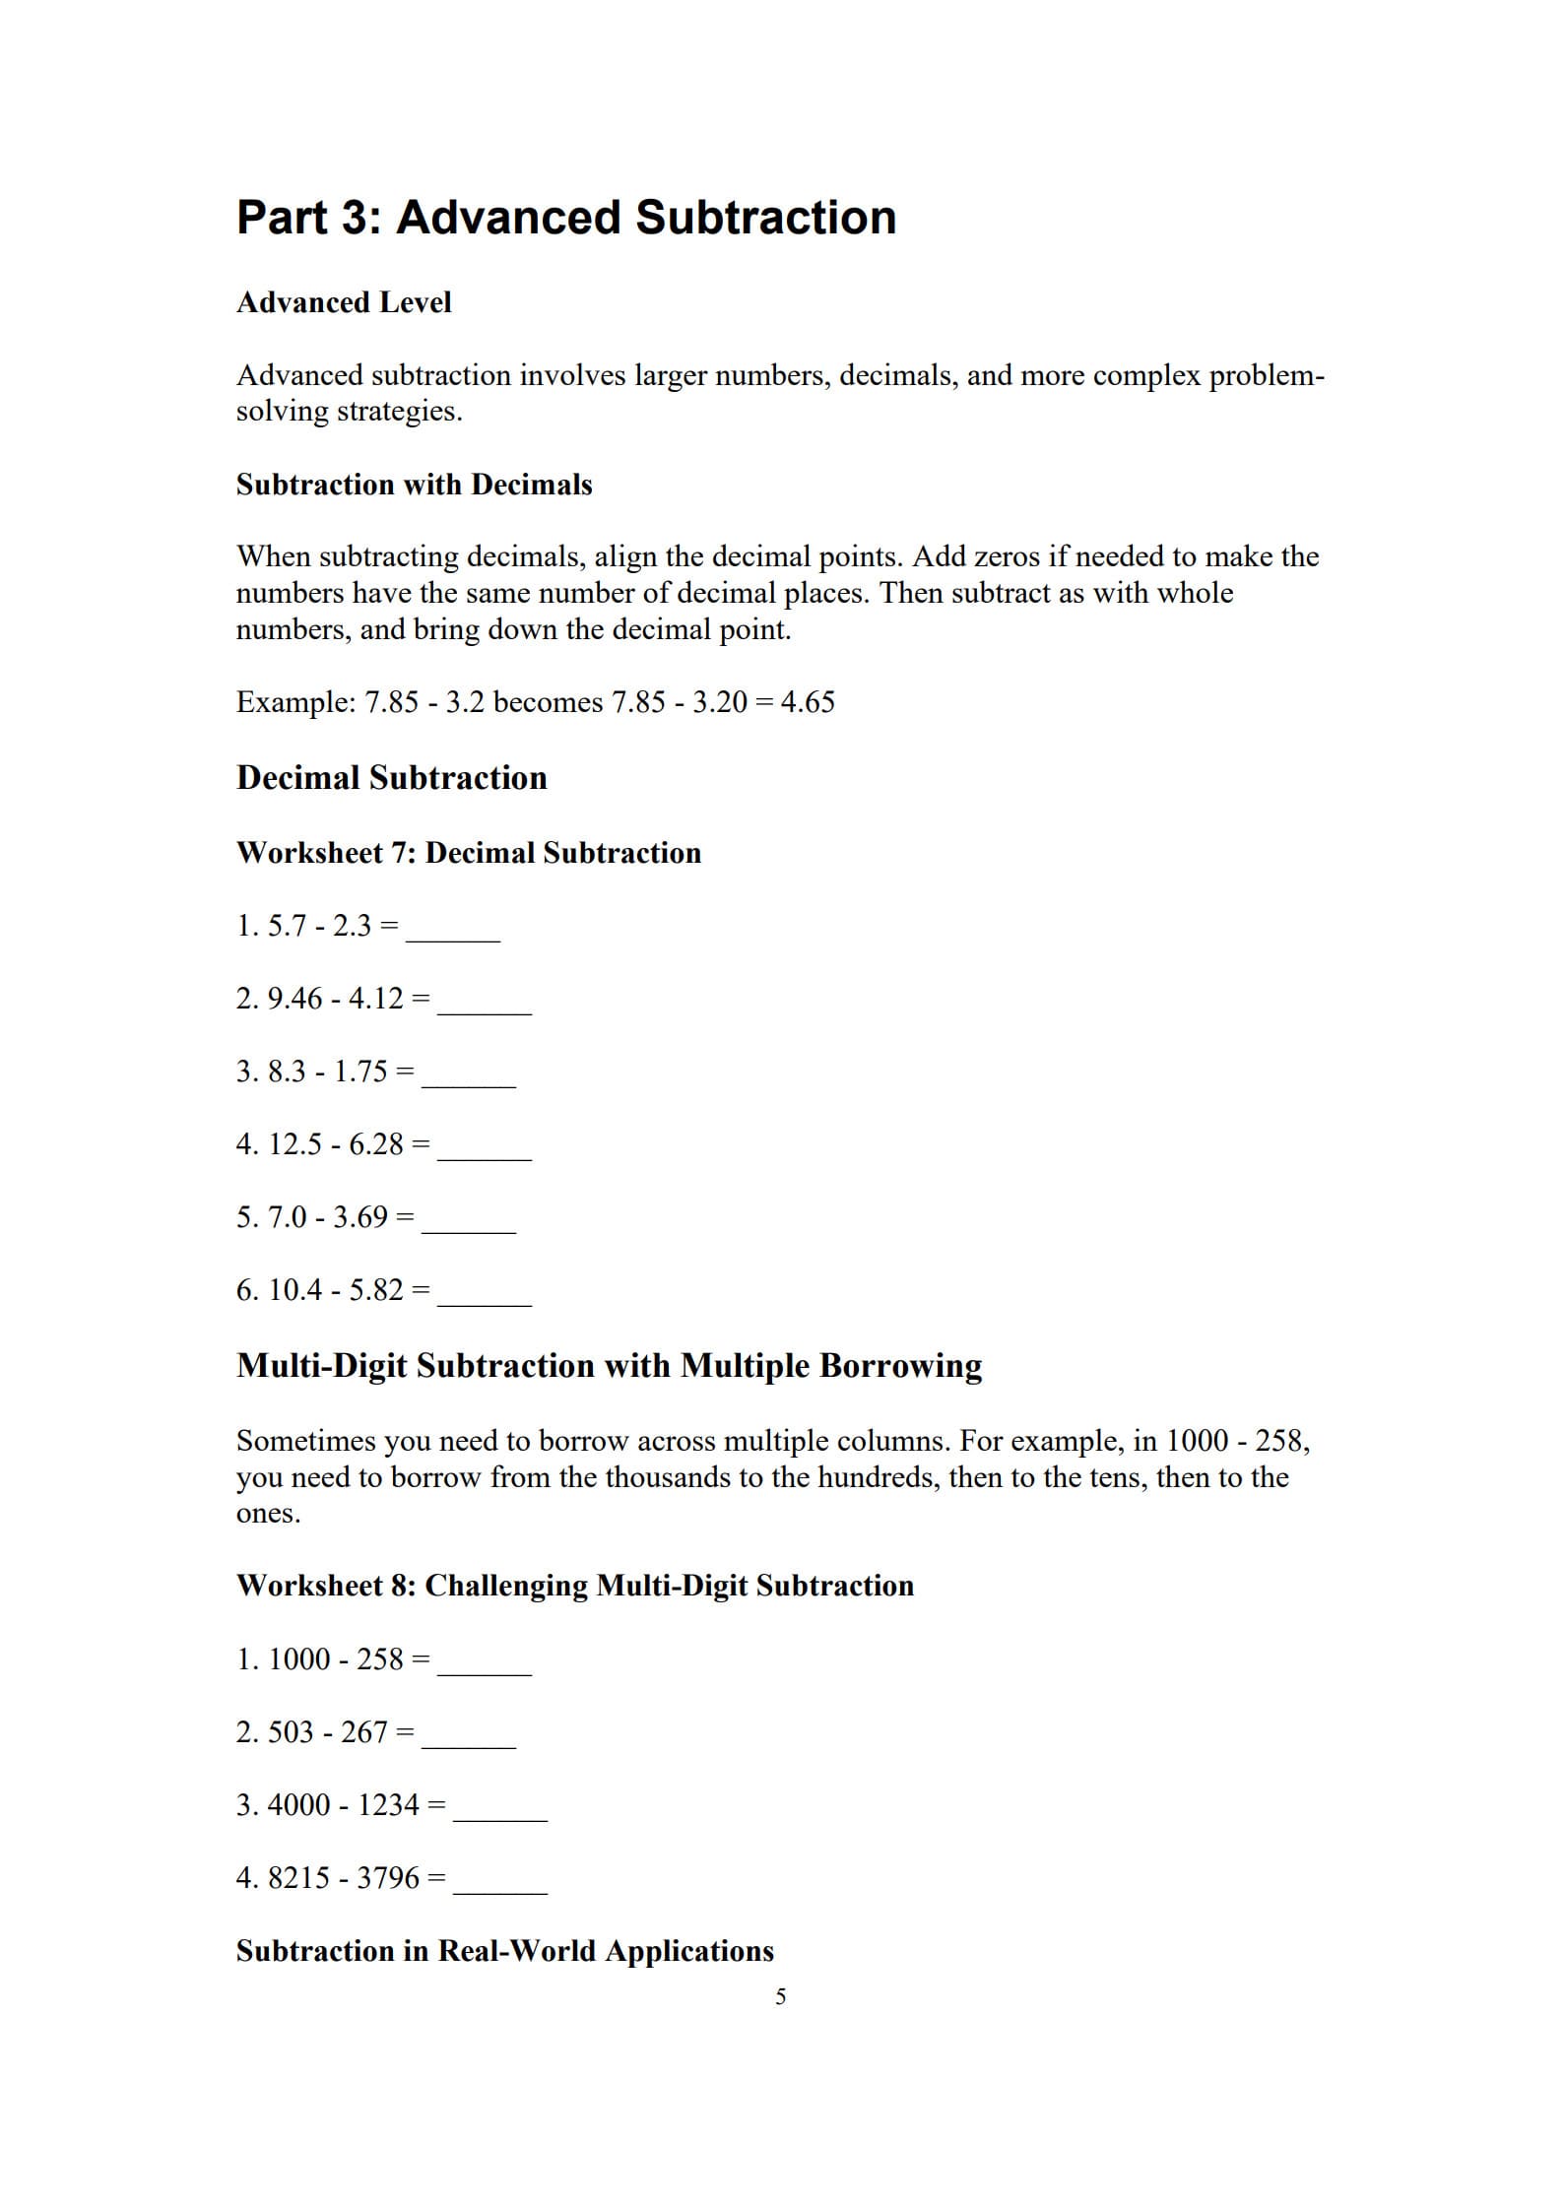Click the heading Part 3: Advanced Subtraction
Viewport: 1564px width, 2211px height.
tap(566, 218)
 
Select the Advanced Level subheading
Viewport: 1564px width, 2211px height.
tap(344, 302)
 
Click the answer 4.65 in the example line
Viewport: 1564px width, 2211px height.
tap(807, 702)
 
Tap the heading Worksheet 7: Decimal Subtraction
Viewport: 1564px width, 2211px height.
tap(469, 853)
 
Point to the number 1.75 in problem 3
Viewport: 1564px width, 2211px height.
tap(360, 1072)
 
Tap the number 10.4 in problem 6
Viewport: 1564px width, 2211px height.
tap(294, 1290)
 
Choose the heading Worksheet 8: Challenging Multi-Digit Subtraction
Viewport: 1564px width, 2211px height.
tap(575, 1586)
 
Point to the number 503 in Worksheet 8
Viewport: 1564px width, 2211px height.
tap(291, 1732)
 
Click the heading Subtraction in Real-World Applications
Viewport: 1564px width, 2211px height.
tap(505, 1951)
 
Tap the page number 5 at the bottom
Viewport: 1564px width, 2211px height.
tap(781, 1996)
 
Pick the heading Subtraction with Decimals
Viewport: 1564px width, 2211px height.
tap(414, 485)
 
